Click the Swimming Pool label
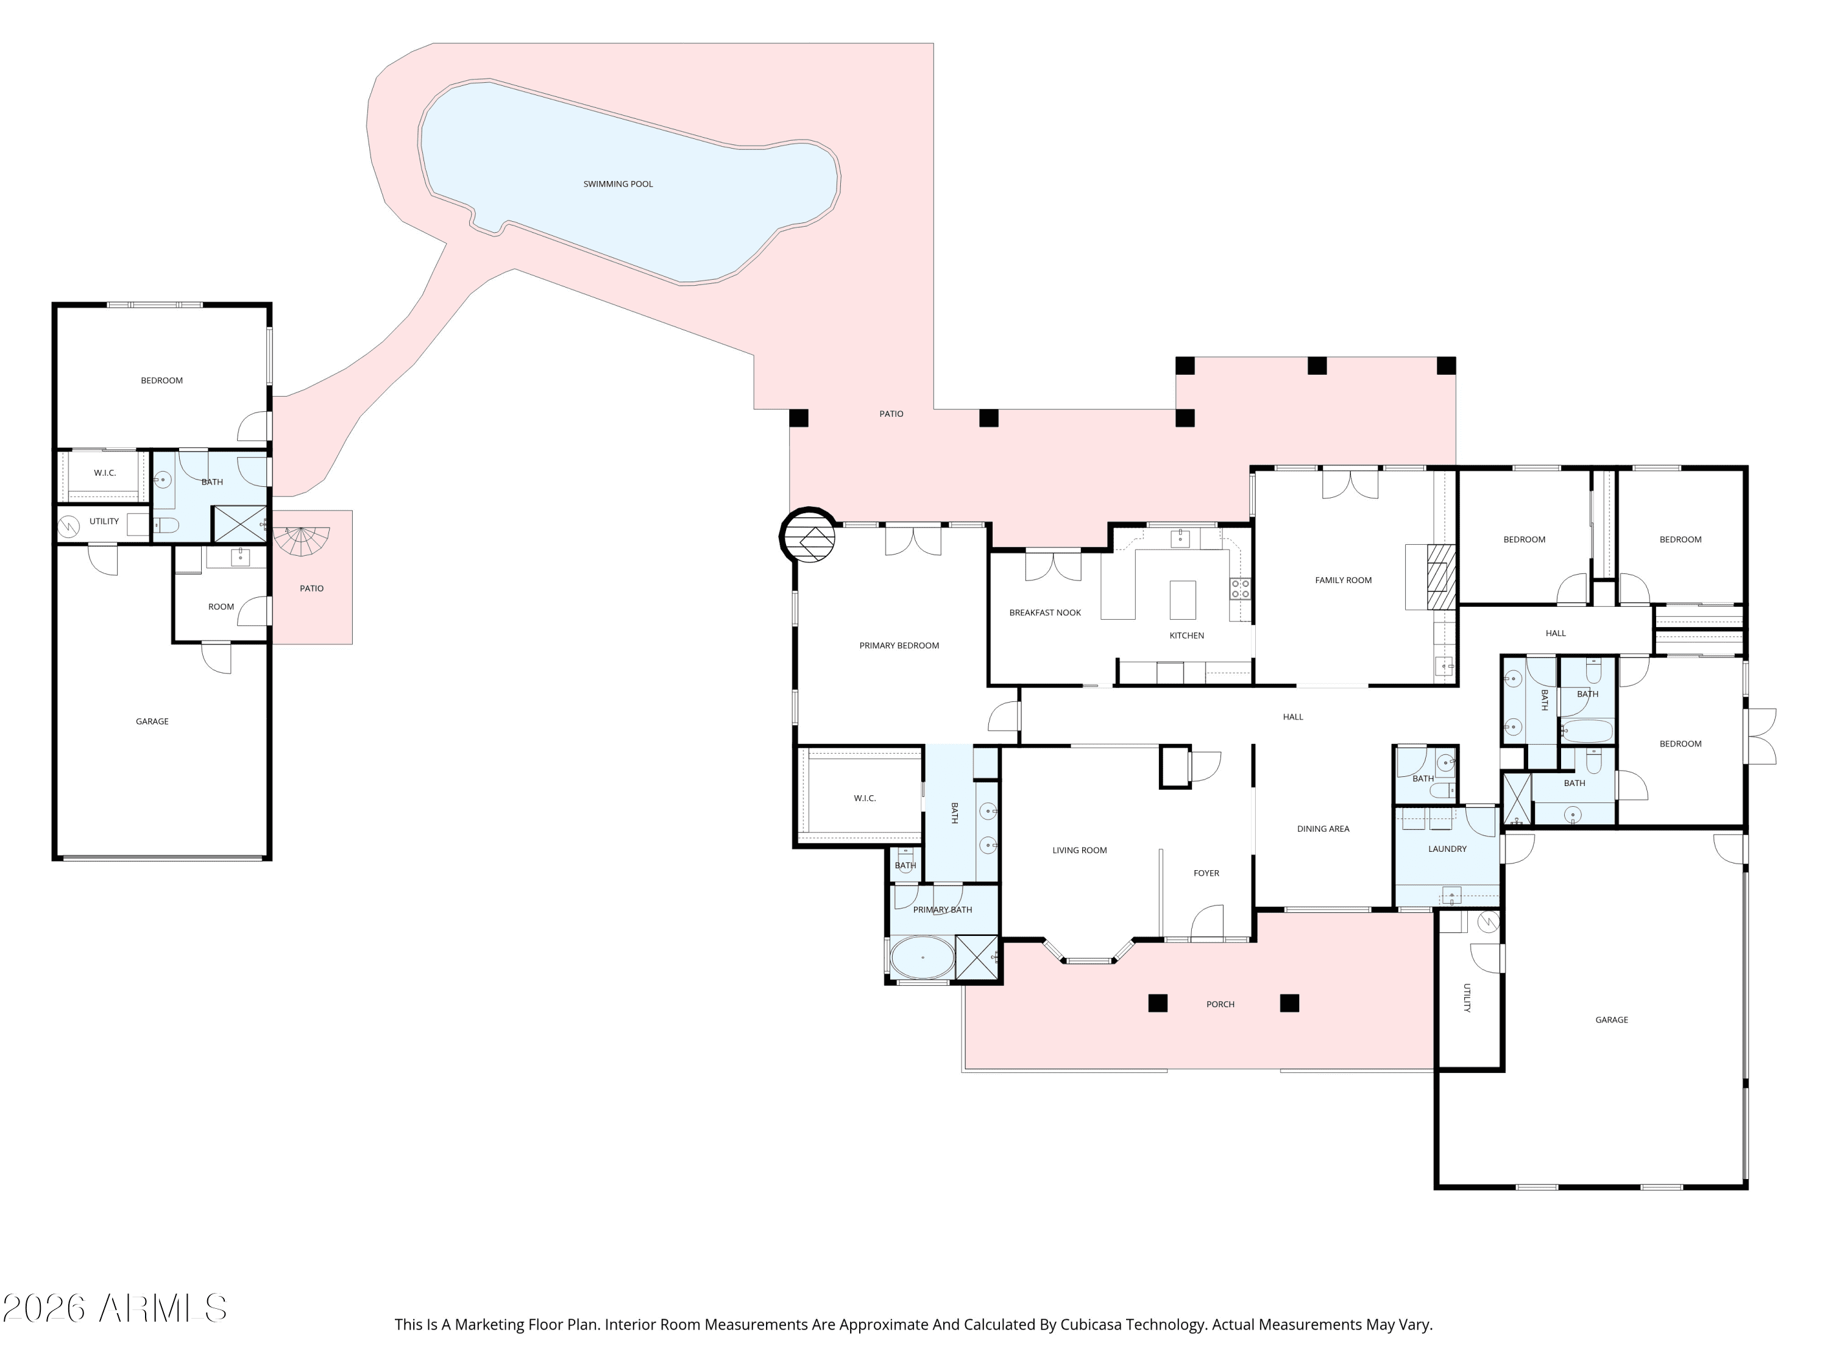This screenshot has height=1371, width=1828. [x=618, y=184]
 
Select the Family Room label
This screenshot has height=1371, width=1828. [x=1343, y=580]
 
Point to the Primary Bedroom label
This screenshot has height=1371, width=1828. [x=899, y=645]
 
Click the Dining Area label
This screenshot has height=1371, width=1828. [x=1323, y=829]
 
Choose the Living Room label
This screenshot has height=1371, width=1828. [x=1079, y=851]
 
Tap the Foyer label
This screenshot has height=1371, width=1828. [x=1206, y=874]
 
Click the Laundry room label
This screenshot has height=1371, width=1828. [x=1447, y=849]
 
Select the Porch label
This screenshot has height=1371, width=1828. [x=1220, y=1004]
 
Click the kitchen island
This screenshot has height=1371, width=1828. [x=1183, y=600]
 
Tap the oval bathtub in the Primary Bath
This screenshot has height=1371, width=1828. [x=923, y=958]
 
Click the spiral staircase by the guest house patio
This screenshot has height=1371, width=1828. [x=302, y=540]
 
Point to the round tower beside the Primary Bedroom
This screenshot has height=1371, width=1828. [x=807, y=536]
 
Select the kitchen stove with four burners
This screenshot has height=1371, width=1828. [x=1241, y=589]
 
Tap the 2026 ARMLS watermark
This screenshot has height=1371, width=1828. [x=115, y=1308]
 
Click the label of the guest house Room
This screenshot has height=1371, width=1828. [x=221, y=606]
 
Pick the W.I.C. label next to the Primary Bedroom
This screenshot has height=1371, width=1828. [x=865, y=798]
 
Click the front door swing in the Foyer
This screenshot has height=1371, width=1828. [x=1206, y=923]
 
